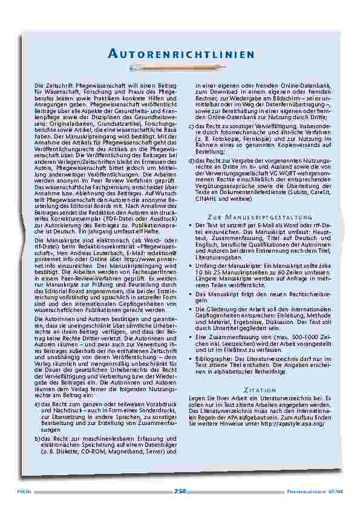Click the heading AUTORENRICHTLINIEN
coord(180,55)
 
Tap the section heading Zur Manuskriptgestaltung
coord(260,216)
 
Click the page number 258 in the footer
coord(180,491)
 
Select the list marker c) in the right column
coord(191,125)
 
